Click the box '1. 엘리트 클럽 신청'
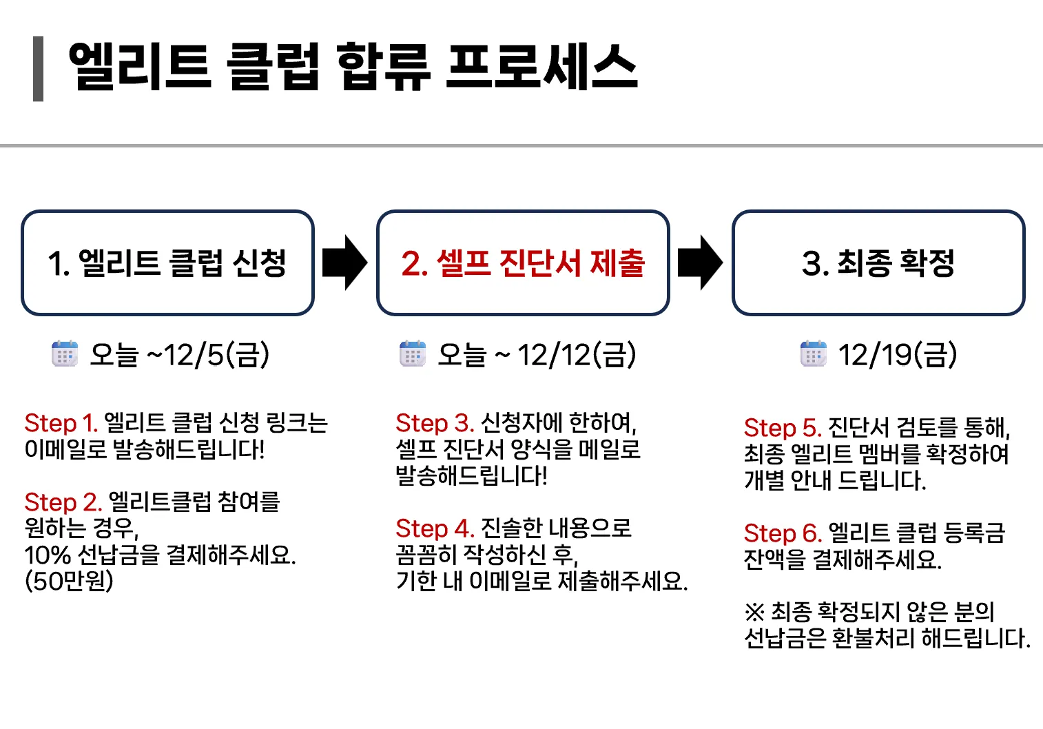[x=167, y=263]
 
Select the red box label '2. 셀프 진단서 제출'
[x=523, y=263]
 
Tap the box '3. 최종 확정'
[x=878, y=263]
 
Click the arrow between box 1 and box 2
[x=344, y=263]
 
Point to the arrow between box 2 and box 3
[x=700, y=263]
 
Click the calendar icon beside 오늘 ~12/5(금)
[x=65, y=354]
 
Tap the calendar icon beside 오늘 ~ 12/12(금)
[x=413, y=354]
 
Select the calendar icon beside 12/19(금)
[x=813, y=354]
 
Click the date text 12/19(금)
[x=897, y=355]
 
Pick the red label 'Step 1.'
[x=60, y=423]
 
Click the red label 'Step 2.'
[x=63, y=502]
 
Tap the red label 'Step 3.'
[x=434, y=423]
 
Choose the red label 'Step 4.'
[x=434, y=528]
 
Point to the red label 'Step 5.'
[x=782, y=428]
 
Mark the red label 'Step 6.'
[x=782, y=533]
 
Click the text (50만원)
[x=69, y=581]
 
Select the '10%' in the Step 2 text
[x=48, y=555]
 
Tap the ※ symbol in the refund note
[x=754, y=612]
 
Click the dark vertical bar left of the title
[x=39, y=69]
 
